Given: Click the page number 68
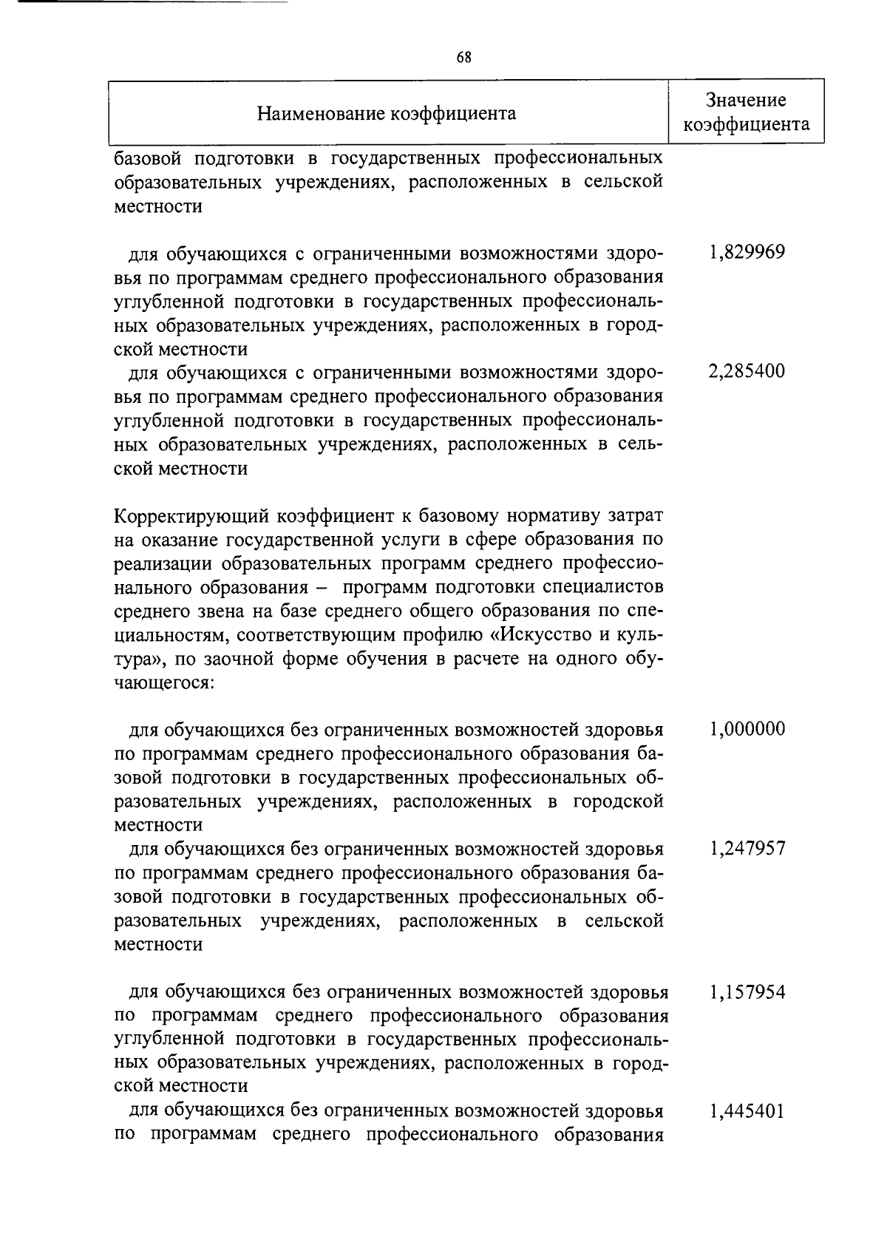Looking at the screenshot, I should [464, 57].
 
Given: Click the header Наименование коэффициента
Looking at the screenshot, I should [387, 113].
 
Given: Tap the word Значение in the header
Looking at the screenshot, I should [745, 100].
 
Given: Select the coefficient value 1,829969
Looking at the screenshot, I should [747, 252].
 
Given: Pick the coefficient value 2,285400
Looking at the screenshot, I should [747, 371].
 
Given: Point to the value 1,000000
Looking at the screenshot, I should [747, 729].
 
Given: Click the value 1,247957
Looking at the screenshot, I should [747, 848].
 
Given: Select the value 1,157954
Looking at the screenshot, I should [747, 991].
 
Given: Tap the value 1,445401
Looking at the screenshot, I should [747, 1110].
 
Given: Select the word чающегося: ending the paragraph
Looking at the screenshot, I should [164, 682].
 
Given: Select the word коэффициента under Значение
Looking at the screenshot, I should [745, 124].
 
